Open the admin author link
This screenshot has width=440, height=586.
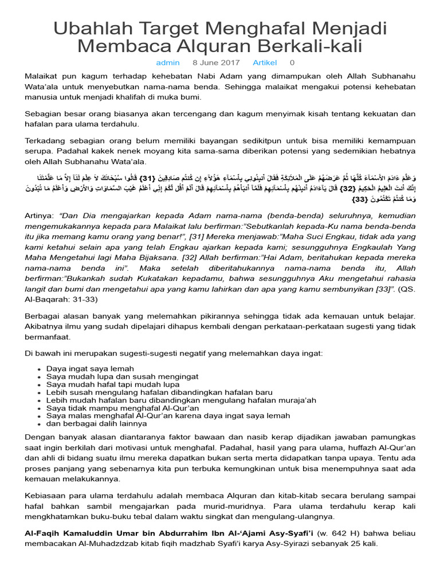pyautogui.click(x=168, y=62)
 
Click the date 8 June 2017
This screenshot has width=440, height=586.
pyautogui.click(x=216, y=62)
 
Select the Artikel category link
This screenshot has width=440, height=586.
pyautogui.click(x=265, y=62)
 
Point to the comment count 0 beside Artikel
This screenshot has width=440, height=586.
pyautogui.click(x=292, y=62)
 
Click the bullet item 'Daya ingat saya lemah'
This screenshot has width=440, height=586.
pyautogui.click(x=90, y=369)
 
